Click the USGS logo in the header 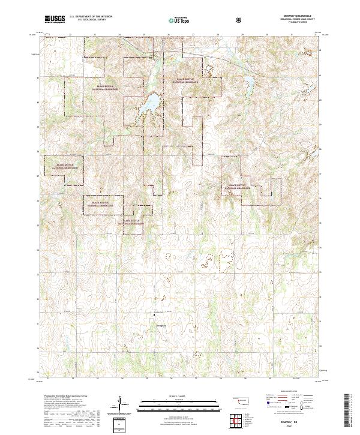click(55, 19)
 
